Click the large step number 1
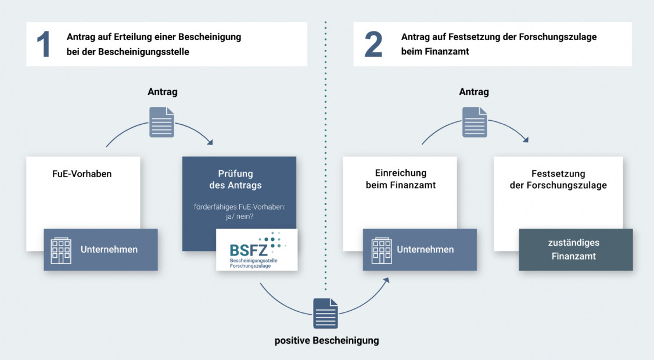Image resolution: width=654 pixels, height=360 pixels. [x=43, y=45]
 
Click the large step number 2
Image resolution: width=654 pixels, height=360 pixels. [x=373, y=45]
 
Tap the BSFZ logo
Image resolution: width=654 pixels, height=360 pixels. [x=257, y=250]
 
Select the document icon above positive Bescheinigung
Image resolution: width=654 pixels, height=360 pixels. [x=325, y=313]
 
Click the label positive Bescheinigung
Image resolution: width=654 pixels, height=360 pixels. [x=326, y=340]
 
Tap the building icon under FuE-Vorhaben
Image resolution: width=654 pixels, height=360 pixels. [x=61, y=250]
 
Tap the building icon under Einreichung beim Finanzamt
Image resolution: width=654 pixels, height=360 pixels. [x=382, y=250]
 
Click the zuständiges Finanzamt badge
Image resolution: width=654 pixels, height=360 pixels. [x=574, y=249]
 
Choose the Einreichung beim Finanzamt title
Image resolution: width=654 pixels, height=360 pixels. [x=400, y=179]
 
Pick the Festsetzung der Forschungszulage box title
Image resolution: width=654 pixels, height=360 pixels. [x=558, y=179]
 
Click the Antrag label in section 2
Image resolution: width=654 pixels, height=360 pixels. [x=474, y=92]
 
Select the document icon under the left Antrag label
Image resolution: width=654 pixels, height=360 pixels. [x=161, y=122]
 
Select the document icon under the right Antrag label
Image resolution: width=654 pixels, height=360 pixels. [x=475, y=122]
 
